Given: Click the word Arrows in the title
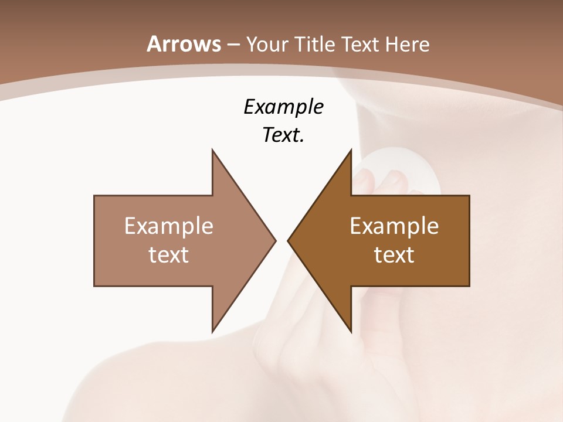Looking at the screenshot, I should pos(184,44).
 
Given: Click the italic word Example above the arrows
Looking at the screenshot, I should pos(283,107).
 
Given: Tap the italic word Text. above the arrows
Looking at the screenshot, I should pos(283,135).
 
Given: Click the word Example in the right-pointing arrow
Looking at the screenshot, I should pos(168,227).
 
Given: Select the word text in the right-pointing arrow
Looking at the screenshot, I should pos(168,254).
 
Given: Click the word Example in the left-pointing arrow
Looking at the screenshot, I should pos(394,227).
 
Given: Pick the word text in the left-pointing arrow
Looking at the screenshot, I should pos(394,254).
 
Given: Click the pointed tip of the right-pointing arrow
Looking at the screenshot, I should pos(275,240).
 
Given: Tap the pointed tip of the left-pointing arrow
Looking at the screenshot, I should pos(288,240).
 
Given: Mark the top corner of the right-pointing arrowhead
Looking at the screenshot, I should pos(213,150).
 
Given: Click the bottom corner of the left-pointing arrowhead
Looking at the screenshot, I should pos(351,331).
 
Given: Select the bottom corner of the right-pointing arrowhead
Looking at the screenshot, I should pos(213,331).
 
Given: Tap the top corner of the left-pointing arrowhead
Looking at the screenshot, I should pos(351,150).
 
